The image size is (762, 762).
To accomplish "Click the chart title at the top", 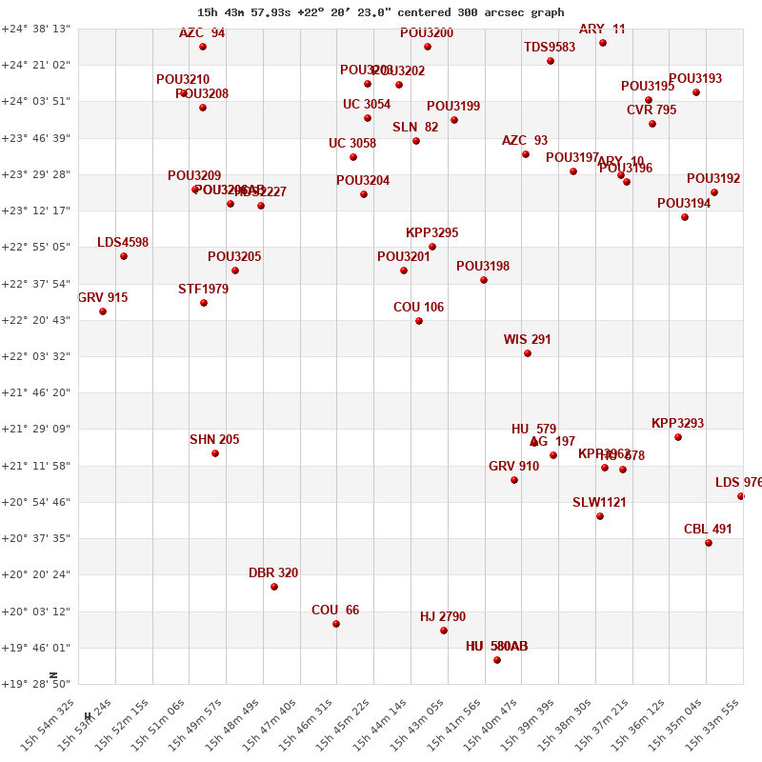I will click(380, 12).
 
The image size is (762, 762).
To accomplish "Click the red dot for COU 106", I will click(419, 321).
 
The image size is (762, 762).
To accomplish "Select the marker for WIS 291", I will click(528, 353).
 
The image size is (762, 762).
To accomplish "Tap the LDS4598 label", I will click(123, 243).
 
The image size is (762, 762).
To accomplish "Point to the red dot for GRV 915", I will click(103, 311).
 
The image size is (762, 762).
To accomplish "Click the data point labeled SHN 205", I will click(215, 453).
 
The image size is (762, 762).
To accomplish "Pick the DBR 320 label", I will click(273, 573).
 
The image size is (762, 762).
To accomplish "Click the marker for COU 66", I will click(336, 624).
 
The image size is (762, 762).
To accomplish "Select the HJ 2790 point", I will click(444, 631).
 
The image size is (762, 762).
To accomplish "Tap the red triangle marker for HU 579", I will click(534, 442).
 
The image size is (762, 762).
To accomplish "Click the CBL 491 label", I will click(708, 530).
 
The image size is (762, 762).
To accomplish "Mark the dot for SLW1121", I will click(600, 516).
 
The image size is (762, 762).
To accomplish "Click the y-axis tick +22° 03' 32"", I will click(36, 356).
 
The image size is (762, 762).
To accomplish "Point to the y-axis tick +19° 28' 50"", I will click(36, 684).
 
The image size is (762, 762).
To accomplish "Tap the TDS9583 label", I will click(550, 48).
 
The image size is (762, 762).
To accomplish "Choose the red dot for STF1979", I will click(204, 303).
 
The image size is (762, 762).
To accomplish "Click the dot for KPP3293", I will click(678, 437).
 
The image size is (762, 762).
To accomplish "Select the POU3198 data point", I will click(484, 280).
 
